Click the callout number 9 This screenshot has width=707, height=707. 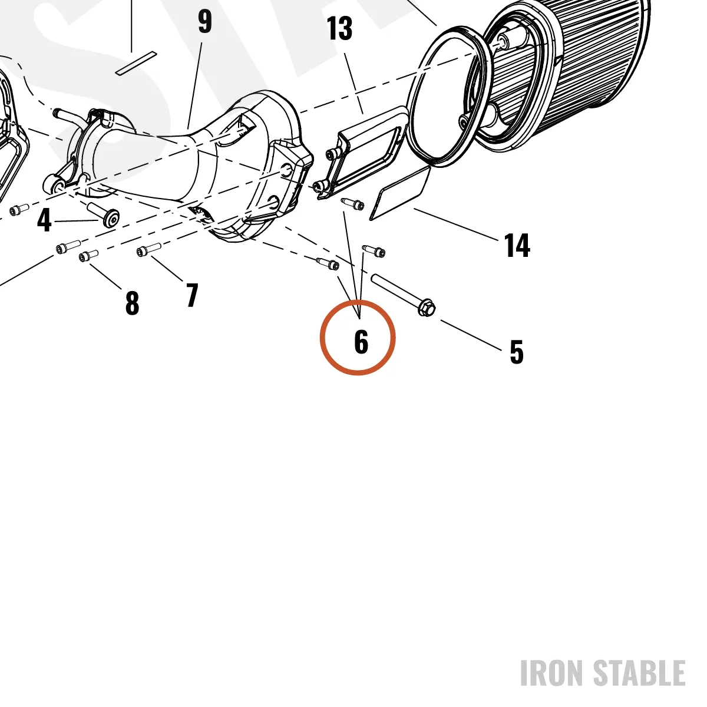point(205,22)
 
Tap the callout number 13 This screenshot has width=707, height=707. point(339,28)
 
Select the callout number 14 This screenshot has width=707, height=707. point(517,245)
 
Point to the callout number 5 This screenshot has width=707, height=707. point(517,352)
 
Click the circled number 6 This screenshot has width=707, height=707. point(361,342)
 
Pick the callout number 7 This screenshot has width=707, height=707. point(192,295)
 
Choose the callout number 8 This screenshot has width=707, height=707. point(133,303)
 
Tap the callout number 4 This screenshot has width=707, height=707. point(44,220)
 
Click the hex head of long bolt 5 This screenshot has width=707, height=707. point(427,308)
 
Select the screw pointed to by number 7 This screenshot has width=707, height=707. point(148,249)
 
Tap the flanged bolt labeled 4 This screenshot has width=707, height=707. point(103,214)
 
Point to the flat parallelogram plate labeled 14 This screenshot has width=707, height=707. point(400,193)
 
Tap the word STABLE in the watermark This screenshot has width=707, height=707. point(639,673)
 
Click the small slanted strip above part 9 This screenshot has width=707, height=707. point(136,63)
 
